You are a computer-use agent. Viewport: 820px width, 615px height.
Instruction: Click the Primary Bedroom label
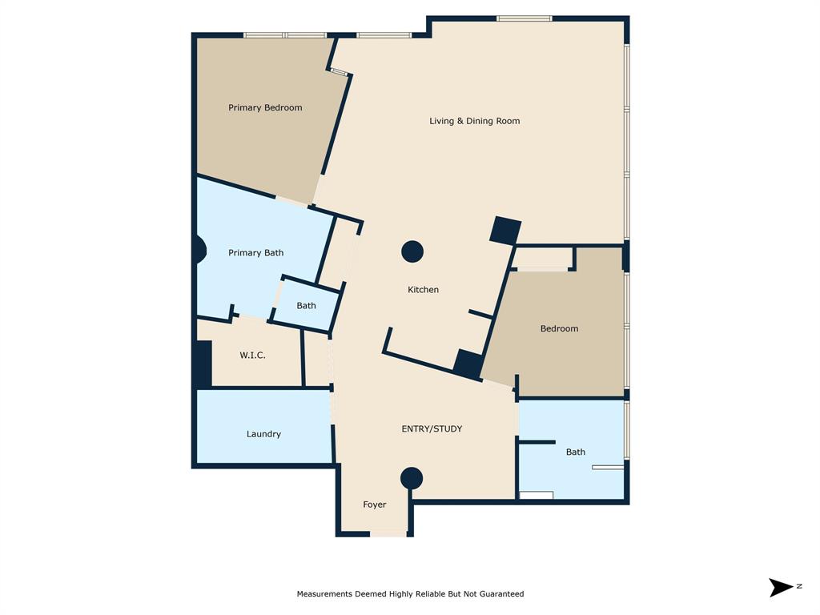[x=265, y=108]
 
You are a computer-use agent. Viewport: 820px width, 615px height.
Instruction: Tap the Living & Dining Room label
[x=475, y=122]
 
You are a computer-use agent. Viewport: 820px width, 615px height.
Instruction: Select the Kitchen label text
[x=423, y=290]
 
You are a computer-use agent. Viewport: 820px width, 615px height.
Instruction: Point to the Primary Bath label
[x=255, y=253]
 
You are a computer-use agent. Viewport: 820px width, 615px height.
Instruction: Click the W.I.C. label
[x=252, y=356]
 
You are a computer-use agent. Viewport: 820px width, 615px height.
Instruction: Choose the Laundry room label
[x=263, y=434]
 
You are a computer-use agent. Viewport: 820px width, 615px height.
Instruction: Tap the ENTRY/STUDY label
[x=432, y=429]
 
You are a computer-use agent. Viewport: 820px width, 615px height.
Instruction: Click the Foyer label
[x=374, y=505]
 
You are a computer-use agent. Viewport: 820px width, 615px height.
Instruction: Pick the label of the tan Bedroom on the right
[x=559, y=329]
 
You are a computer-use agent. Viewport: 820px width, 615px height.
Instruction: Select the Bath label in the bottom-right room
[x=576, y=452]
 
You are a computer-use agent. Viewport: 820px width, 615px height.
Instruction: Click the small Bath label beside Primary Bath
[x=306, y=306]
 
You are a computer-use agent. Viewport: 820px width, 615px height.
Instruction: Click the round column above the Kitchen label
[x=412, y=251]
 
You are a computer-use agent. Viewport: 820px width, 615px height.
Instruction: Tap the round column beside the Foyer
[x=412, y=479]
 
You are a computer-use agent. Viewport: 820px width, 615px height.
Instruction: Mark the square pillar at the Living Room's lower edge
[x=506, y=231]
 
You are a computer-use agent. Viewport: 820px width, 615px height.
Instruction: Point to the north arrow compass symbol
[x=781, y=588]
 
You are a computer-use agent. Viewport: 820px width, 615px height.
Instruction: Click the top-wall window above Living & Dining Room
[x=524, y=18]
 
